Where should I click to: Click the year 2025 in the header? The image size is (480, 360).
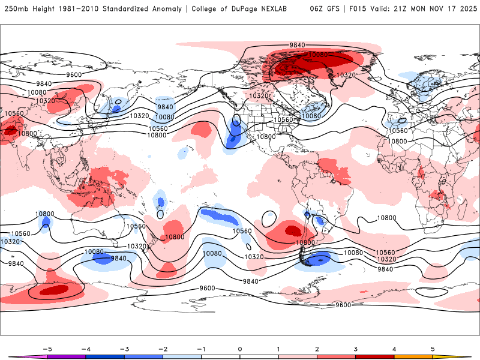coord(466,9)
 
